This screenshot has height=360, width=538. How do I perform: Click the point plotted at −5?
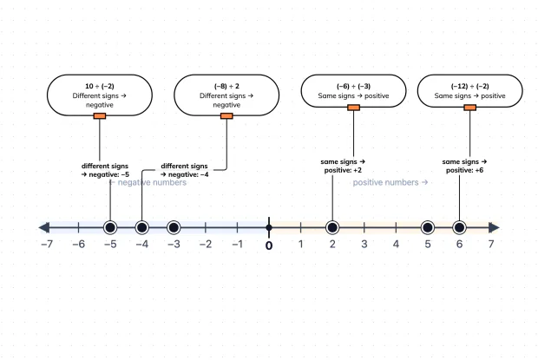coord(110,227)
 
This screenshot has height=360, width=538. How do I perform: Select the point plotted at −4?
coord(141,227)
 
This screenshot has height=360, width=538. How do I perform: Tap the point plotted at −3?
coord(174,227)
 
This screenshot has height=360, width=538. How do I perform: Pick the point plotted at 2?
coord(332,227)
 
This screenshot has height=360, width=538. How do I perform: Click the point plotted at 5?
coord(428,227)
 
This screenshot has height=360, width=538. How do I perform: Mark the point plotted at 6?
coord(459,227)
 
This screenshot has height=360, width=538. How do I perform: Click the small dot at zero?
coord(269,227)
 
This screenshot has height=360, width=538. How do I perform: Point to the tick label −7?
coord(47,244)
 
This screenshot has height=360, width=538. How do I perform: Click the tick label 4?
coord(396,244)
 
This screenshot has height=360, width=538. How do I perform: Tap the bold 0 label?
coord(269,245)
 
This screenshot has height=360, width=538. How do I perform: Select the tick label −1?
coord(237,244)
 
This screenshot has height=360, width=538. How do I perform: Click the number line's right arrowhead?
coord(494,227)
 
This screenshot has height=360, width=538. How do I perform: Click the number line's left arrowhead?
coord(44,227)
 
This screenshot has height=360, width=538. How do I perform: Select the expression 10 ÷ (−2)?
coord(100,86)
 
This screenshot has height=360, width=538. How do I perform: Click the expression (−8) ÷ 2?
coord(226,86)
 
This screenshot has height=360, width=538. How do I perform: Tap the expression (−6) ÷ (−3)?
coord(353,86)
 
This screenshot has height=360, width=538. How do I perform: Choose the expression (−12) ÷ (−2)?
coord(469,86)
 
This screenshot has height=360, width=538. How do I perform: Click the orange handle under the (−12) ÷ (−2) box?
coord(469,108)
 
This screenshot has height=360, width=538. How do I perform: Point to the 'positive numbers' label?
coord(390,182)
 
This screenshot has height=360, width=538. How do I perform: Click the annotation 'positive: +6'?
coord(464,170)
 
